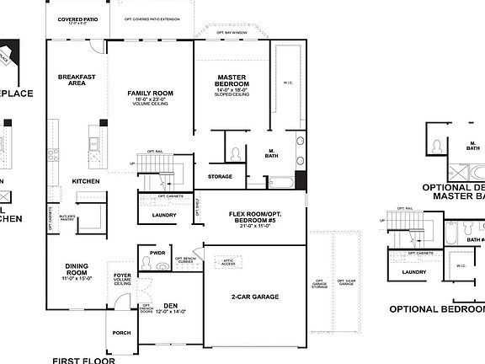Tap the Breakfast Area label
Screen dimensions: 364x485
click(x=76, y=79)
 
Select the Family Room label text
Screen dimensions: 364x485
click(x=150, y=93)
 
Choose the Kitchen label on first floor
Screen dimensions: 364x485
click(x=85, y=181)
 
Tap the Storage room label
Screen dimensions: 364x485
click(x=220, y=176)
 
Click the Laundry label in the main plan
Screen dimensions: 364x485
click(x=164, y=215)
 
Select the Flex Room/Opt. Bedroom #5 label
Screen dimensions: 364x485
click(x=253, y=217)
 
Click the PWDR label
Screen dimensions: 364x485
click(x=157, y=252)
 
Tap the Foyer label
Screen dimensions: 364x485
click(x=122, y=275)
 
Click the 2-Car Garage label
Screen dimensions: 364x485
click(x=254, y=297)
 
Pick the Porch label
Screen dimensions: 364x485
click(x=121, y=333)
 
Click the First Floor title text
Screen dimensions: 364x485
click(x=83, y=359)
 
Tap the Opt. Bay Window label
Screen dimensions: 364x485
click(x=232, y=32)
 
